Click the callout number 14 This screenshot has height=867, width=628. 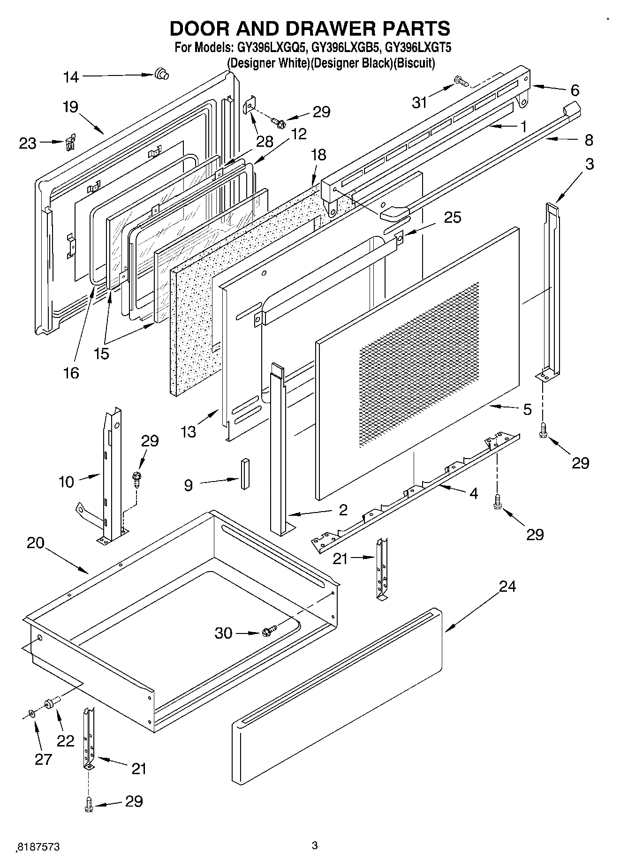click(71, 77)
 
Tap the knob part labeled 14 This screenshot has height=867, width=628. click(161, 74)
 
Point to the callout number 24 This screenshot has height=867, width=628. click(507, 586)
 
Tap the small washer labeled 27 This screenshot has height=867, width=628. click(31, 713)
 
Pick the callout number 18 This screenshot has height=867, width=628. click(318, 155)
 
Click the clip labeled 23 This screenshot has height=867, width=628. click(70, 142)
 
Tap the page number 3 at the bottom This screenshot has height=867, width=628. click(315, 845)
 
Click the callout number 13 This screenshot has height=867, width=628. click(189, 431)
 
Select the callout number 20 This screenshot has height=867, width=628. click(36, 543)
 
